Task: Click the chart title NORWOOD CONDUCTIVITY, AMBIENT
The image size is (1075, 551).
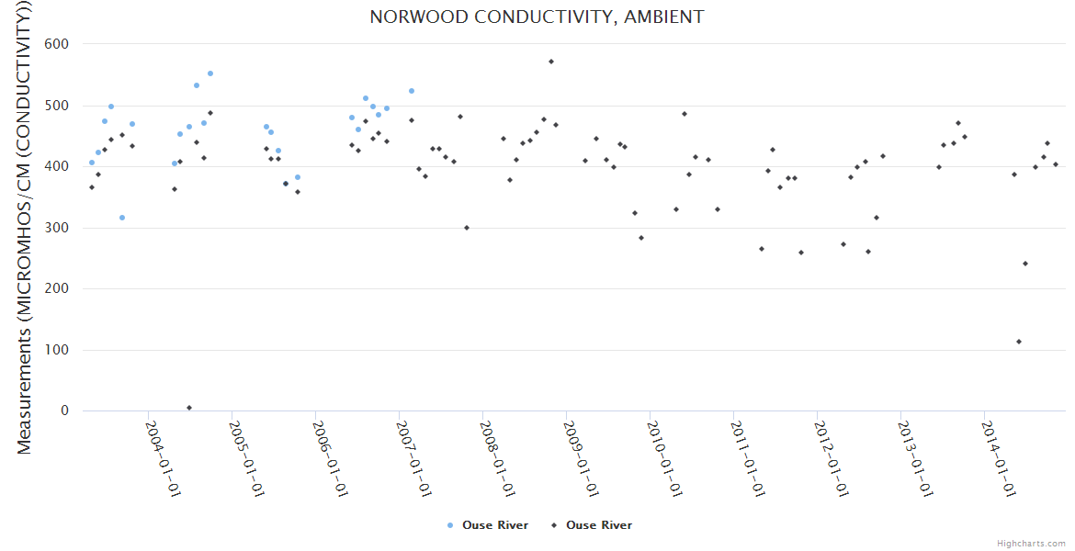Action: pyautogui.click(x=537, y=17)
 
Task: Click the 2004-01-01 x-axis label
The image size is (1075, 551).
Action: pyautogui.click(x=163, y=459)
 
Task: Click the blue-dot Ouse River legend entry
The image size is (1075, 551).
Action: pyautogui.click(x=488, y=525)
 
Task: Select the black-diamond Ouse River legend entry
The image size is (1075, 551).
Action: pyautogui.click(x=592, y=525)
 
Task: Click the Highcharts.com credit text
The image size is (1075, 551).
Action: pyautogui.click(x=1031, y=544)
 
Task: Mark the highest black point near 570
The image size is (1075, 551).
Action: pyautogui.click(x=551, y=62)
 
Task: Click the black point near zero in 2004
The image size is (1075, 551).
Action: pyautogui.click(x=189, y=408)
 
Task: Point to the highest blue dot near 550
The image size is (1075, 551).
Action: pyautogui.click(x=210, y=73)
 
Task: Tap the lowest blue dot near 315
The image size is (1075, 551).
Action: pyautogui.click(x=122, y=218)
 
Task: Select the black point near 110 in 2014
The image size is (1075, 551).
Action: pyautogui.click(x=1019, y=342)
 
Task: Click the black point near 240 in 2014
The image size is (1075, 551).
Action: pyautogui.click(x=1025, y=264)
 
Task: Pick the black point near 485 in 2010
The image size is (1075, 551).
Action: pyautogui.click(x=685, y=114)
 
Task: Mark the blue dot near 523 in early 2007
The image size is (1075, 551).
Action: pyautogui.click(x=412, y=91)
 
